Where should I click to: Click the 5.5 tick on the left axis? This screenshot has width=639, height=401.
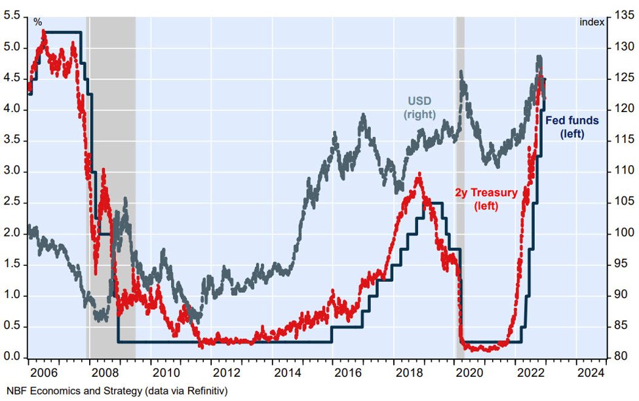[12, 16]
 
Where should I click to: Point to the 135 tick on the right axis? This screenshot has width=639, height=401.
[623, 16]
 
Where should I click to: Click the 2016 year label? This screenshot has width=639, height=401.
[348, 373]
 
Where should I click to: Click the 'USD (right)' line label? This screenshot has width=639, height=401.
[419, 107]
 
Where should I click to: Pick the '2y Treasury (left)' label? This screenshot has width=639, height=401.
[486, 199]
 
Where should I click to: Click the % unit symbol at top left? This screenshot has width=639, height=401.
[37, 22]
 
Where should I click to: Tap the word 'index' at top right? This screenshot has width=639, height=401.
[592, 22]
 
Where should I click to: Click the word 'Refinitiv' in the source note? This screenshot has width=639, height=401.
[207, 391]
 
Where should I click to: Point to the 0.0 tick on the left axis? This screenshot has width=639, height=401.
[12, 357]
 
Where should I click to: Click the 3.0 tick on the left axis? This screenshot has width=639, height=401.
[12, 171]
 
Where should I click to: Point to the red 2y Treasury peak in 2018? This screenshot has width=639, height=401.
[419, 175]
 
